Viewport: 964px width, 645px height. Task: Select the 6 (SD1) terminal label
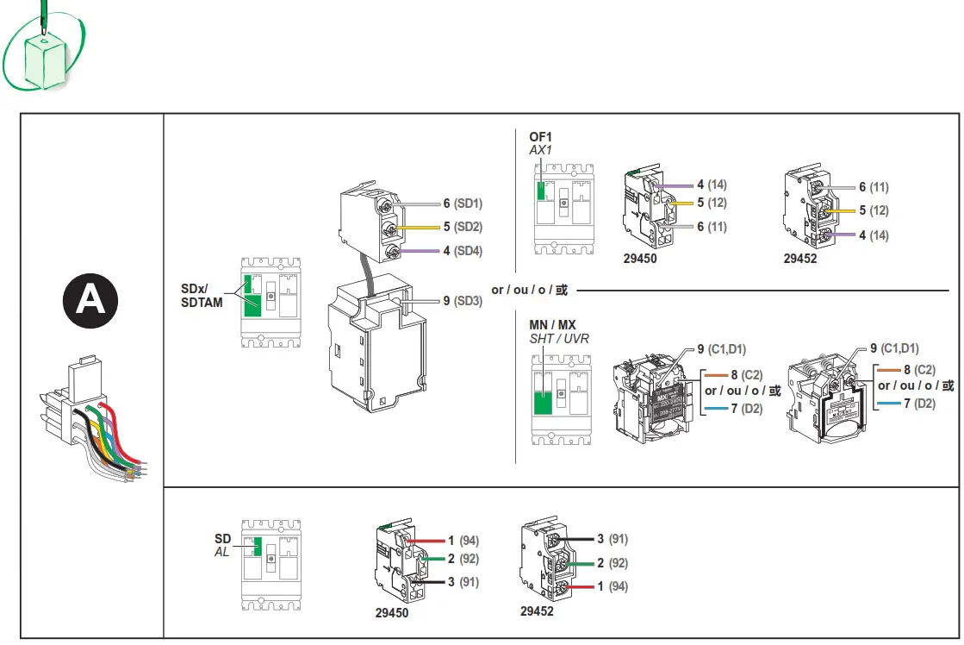click(x=463, y=204)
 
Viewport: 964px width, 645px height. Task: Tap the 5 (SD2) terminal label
click(x=463, y=227)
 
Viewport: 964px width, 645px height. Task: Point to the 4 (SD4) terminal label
click(x=463, y=251)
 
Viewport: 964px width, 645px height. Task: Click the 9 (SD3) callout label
click(x=463, y=301)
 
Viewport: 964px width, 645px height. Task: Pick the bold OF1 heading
click(x=540, y=136)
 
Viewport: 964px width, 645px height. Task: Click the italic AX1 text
click(x=540, y=149)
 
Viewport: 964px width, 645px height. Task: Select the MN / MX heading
click(x=552, y=325)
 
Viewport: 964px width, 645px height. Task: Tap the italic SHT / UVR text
click(x=559, y=339)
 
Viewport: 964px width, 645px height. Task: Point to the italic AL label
click(x=221, y=551)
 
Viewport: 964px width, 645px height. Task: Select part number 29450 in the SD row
click(x=392, y=613)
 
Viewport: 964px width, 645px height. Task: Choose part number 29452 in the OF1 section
click(x=800, y=258)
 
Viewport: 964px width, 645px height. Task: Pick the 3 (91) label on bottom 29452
click(x=611, y=539)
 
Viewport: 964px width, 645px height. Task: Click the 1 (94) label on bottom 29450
click(x=463, y=541)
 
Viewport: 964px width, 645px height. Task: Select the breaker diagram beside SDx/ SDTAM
click(x=271, y=302)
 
